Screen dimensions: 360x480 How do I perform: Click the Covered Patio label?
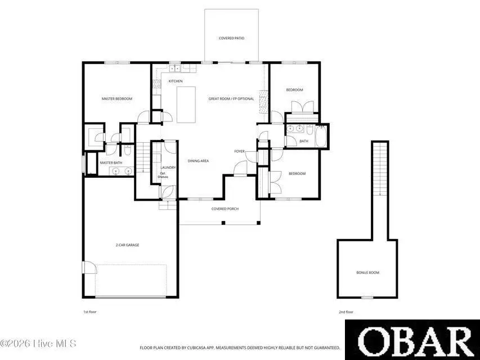coord(231,38)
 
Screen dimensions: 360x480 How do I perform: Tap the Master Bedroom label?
coord(116,99)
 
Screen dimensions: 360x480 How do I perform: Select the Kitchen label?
coord(176,82)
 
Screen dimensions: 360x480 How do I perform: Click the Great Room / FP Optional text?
coord(231,99)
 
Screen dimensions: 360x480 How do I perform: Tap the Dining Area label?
coord(198,161)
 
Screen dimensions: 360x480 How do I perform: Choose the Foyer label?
coord(240,151)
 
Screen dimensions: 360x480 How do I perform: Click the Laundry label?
coord(168,168)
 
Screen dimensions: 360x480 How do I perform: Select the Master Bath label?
coord(111,163)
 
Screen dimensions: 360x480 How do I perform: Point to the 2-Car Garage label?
coord(128,245)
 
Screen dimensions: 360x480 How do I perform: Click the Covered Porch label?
coord(225,209)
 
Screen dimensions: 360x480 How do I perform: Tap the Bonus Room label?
coord(367,273)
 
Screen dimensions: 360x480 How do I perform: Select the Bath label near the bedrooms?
coord(304,141)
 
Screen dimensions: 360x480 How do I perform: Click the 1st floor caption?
coord(89,311)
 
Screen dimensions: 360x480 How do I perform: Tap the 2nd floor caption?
coord(346,311)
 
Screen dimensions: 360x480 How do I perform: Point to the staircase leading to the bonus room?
coord(380,169)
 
